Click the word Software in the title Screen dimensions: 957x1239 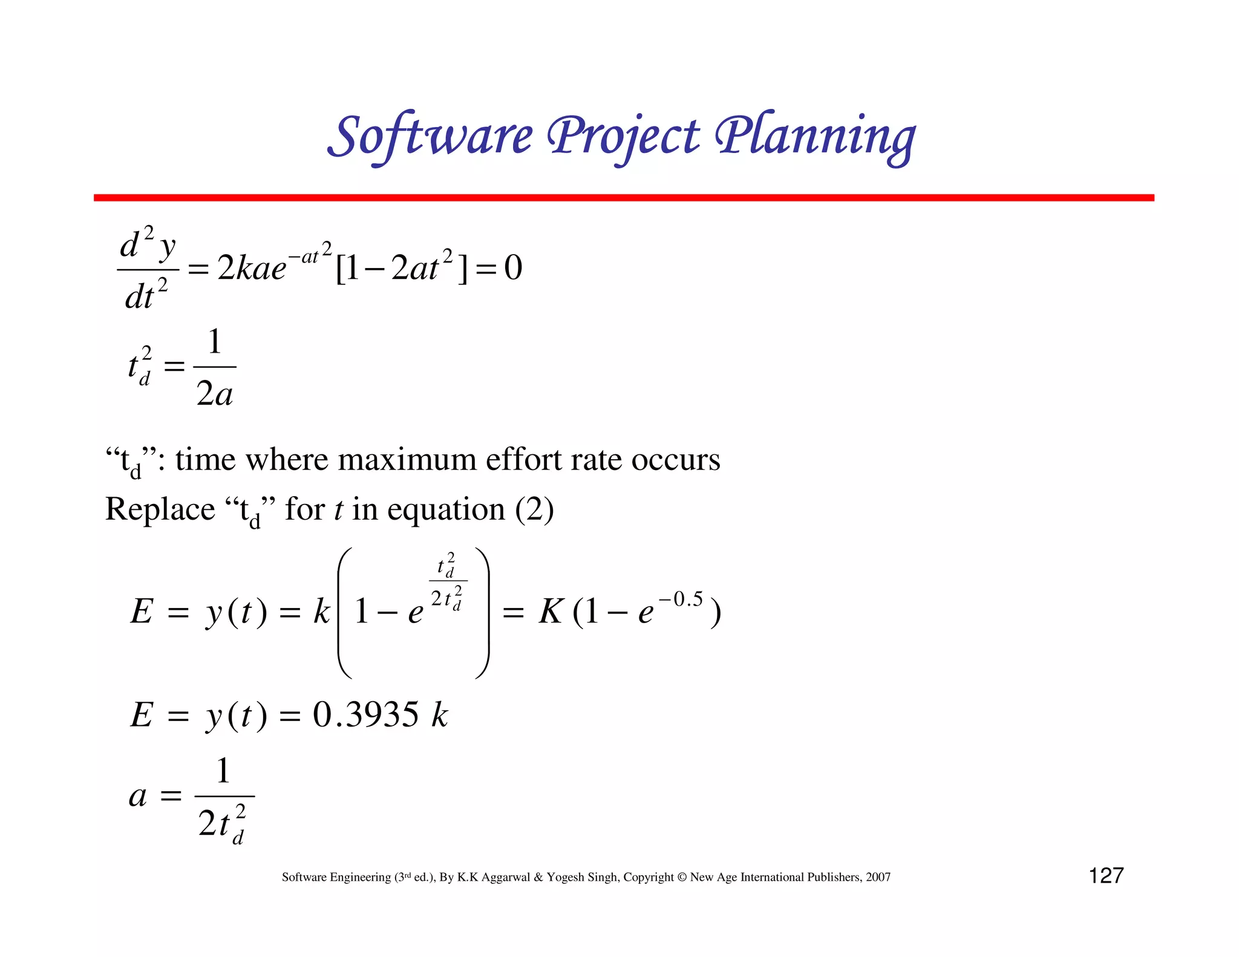coord(431,136)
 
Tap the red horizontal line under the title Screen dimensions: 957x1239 coord(623,198)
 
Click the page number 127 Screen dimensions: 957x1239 coord(1106,875)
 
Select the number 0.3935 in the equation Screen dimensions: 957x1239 coord(365,714)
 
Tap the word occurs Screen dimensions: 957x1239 coord(676,460)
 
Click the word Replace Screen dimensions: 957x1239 coord(160,509)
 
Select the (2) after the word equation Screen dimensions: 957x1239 coord(534,509)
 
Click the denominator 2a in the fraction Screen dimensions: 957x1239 coord(215,394)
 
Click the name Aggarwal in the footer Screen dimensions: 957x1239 coord(505,877)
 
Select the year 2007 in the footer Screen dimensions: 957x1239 coord(878,877)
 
